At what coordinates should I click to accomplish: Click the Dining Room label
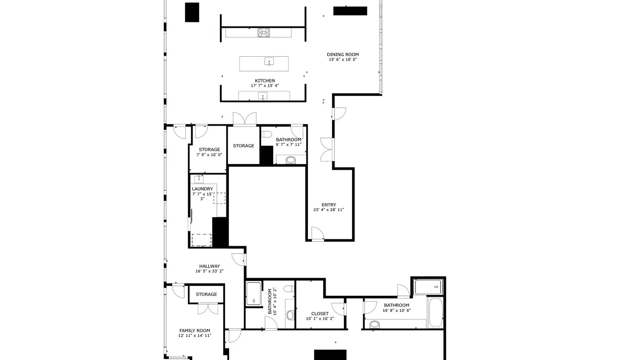(343, 55)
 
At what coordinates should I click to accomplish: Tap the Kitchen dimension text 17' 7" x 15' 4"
(265, 85)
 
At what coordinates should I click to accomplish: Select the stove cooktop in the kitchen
(263, 33)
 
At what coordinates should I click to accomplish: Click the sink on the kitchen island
(269, 61)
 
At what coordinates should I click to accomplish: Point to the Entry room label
(329, 205)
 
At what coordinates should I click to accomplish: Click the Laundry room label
(202, 189)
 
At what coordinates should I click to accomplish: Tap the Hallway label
(209, 266)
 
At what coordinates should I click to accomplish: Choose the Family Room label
(195, 330)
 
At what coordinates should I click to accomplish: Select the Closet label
(320, 314)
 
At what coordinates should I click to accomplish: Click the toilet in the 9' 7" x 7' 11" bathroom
(266, 134)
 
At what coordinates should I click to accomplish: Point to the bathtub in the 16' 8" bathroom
(436, 312)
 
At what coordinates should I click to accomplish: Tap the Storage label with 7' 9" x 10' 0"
(209, 149)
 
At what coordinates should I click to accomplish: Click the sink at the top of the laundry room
(199, 179)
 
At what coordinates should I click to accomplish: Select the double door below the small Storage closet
(208, 308)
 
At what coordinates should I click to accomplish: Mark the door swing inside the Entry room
(318, 234)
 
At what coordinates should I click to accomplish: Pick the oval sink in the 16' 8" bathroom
(374, 325)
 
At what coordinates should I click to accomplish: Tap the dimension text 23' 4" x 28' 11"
(329, 210)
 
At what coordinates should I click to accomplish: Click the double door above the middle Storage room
(245, 119)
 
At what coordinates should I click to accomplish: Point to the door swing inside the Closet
(338, 309)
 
